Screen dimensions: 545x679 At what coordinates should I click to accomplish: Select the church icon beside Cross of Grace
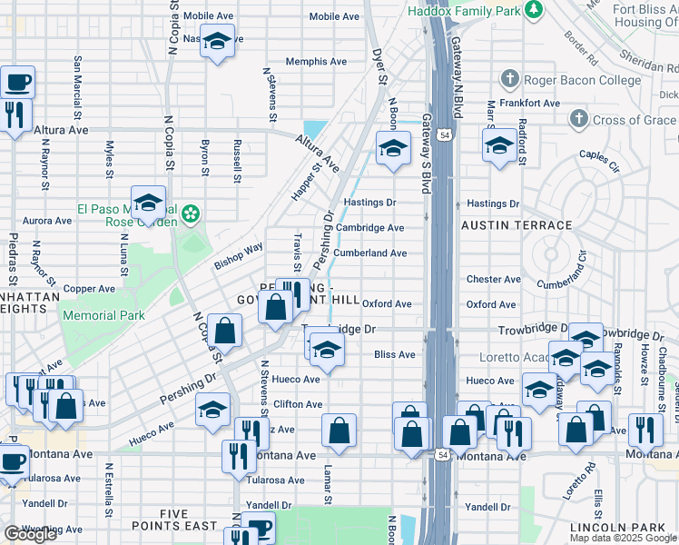(578, 120)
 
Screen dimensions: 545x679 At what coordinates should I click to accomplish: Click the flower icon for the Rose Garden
(190, 213)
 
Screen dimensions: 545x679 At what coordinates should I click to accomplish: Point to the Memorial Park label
(103, 315)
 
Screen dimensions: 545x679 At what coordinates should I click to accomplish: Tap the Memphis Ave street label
(316, 62)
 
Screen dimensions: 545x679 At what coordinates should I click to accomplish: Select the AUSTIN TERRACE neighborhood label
(517, 225)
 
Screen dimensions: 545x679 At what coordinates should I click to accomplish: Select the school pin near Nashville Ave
(217, 42)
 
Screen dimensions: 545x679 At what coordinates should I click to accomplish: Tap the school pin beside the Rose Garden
(148, 204)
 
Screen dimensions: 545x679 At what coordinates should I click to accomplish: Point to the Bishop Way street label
(239, 255)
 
